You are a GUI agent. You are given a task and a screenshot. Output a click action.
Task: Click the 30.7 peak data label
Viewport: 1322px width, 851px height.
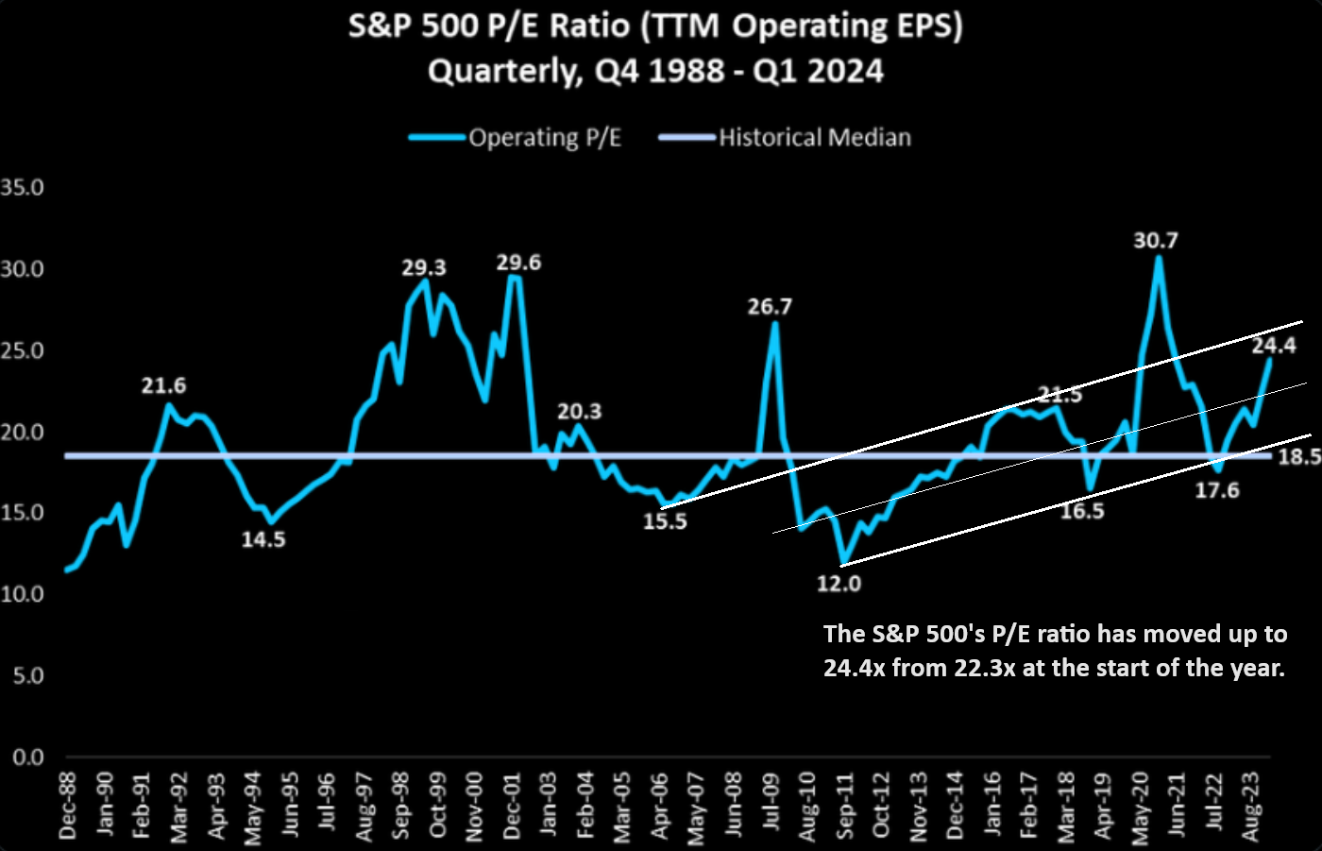coord(1155,241)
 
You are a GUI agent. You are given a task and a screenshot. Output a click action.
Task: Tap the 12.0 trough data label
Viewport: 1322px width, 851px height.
coord(839,584)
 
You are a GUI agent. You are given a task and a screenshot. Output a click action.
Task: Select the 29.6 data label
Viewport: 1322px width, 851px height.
coord(518,263)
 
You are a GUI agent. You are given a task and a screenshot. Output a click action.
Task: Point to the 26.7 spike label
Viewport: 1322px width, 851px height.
coord(770,307)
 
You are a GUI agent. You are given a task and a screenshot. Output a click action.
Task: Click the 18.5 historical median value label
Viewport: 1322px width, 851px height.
coord(1298,457)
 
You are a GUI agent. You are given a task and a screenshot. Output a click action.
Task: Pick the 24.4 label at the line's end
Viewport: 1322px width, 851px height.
coord(1274,346)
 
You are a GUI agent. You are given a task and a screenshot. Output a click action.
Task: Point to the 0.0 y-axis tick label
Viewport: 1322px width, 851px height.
coord(27,757)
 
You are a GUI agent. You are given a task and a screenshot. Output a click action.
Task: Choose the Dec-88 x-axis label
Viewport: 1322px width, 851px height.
coord(68,805)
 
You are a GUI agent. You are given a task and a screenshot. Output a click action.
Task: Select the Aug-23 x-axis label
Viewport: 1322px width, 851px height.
coord(1251,806)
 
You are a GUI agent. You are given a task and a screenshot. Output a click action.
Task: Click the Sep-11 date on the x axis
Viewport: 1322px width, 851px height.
coord(844,806)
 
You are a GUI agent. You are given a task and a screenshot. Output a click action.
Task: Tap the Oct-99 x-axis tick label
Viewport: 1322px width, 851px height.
coord(437,805)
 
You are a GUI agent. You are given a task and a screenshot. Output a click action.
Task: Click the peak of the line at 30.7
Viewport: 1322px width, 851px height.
coord(1159,258)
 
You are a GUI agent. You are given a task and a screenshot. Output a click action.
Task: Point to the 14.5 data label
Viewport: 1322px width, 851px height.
coord(263,539)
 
